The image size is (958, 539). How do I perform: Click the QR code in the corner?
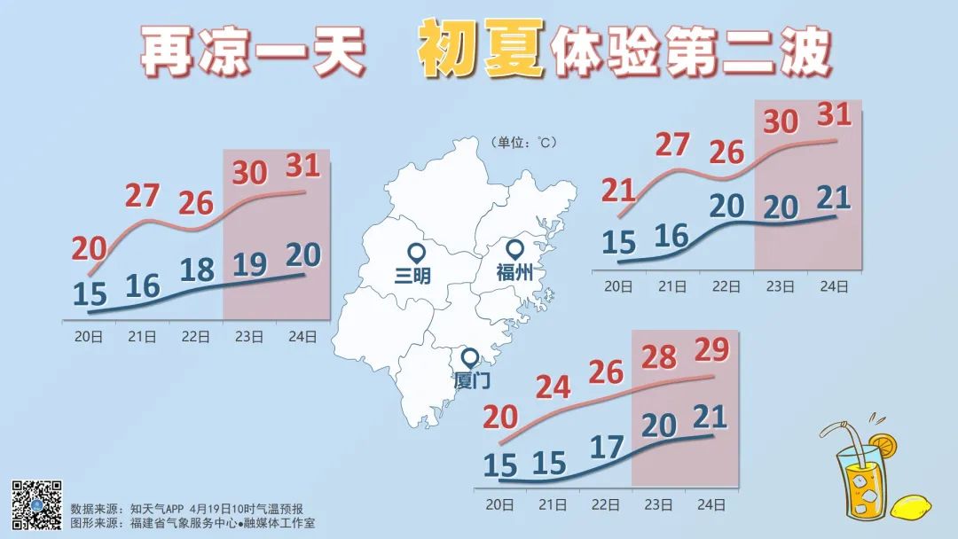click(36, 504)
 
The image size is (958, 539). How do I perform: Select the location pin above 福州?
click(515, 252)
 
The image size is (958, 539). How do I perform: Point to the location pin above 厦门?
click(469, 358)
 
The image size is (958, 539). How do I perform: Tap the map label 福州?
click(514, 274)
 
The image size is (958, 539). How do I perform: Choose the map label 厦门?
click(471, 380)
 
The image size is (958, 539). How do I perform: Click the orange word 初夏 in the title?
click(480, 51)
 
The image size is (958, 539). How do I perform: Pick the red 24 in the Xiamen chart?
click(554, 387)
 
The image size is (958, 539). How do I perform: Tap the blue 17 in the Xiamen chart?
click(607, 446)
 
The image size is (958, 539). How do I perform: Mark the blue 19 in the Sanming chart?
click(251, 263)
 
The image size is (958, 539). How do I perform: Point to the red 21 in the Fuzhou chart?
click(619, 191)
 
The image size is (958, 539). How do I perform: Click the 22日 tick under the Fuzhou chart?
click(726, 286)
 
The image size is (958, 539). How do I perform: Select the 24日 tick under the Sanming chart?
click(303, 336)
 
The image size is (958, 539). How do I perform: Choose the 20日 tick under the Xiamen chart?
click(501, 504)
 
